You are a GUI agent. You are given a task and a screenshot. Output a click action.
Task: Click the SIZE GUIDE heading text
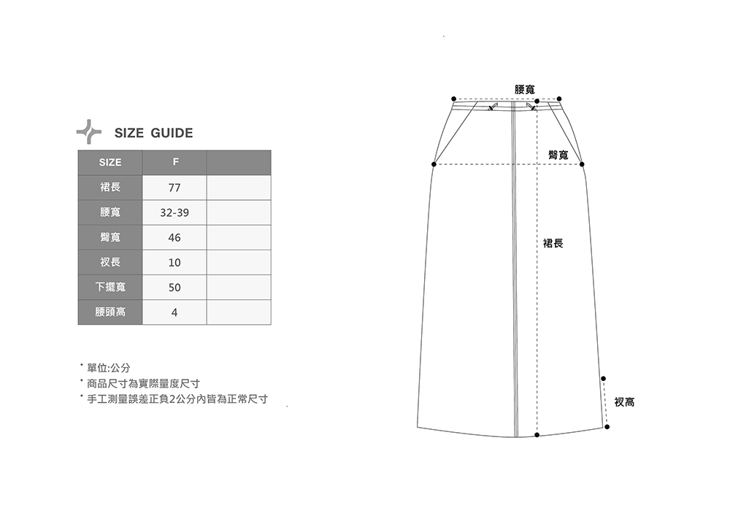tap(153, 133)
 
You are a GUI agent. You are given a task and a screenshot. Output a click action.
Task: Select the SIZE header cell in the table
tap(110, 162)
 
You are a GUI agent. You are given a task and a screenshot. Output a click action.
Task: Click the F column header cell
tap(174, 162)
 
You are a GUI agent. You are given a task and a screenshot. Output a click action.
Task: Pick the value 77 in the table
tap(174, 188)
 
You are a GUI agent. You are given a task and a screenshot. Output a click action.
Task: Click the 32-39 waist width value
tap(174, 213)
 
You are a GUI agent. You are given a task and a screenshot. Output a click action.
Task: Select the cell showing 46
tap(174, 238)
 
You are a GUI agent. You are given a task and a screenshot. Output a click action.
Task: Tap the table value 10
tap(174, 263)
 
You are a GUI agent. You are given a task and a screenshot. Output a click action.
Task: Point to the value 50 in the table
tap(174, 288)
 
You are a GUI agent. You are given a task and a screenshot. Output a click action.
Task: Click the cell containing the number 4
tap(174, 312)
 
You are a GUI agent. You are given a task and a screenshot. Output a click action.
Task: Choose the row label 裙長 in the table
tap(110, 188)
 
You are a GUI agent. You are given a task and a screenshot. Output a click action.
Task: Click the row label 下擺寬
tap(110, 287)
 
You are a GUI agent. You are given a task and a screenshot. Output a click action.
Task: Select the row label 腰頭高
tap(110, 312)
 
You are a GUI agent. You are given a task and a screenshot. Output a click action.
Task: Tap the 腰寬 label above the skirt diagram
tap(525, 89)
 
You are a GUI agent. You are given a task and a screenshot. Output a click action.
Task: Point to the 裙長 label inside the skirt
tap(553, 242)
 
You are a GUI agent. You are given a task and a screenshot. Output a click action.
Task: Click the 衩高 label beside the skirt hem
tap(624, 401)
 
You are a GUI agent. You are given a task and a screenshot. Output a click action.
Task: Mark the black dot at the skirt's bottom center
tap(537, 435)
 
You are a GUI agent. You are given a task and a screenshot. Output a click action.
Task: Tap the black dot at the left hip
tap(434, 164)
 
